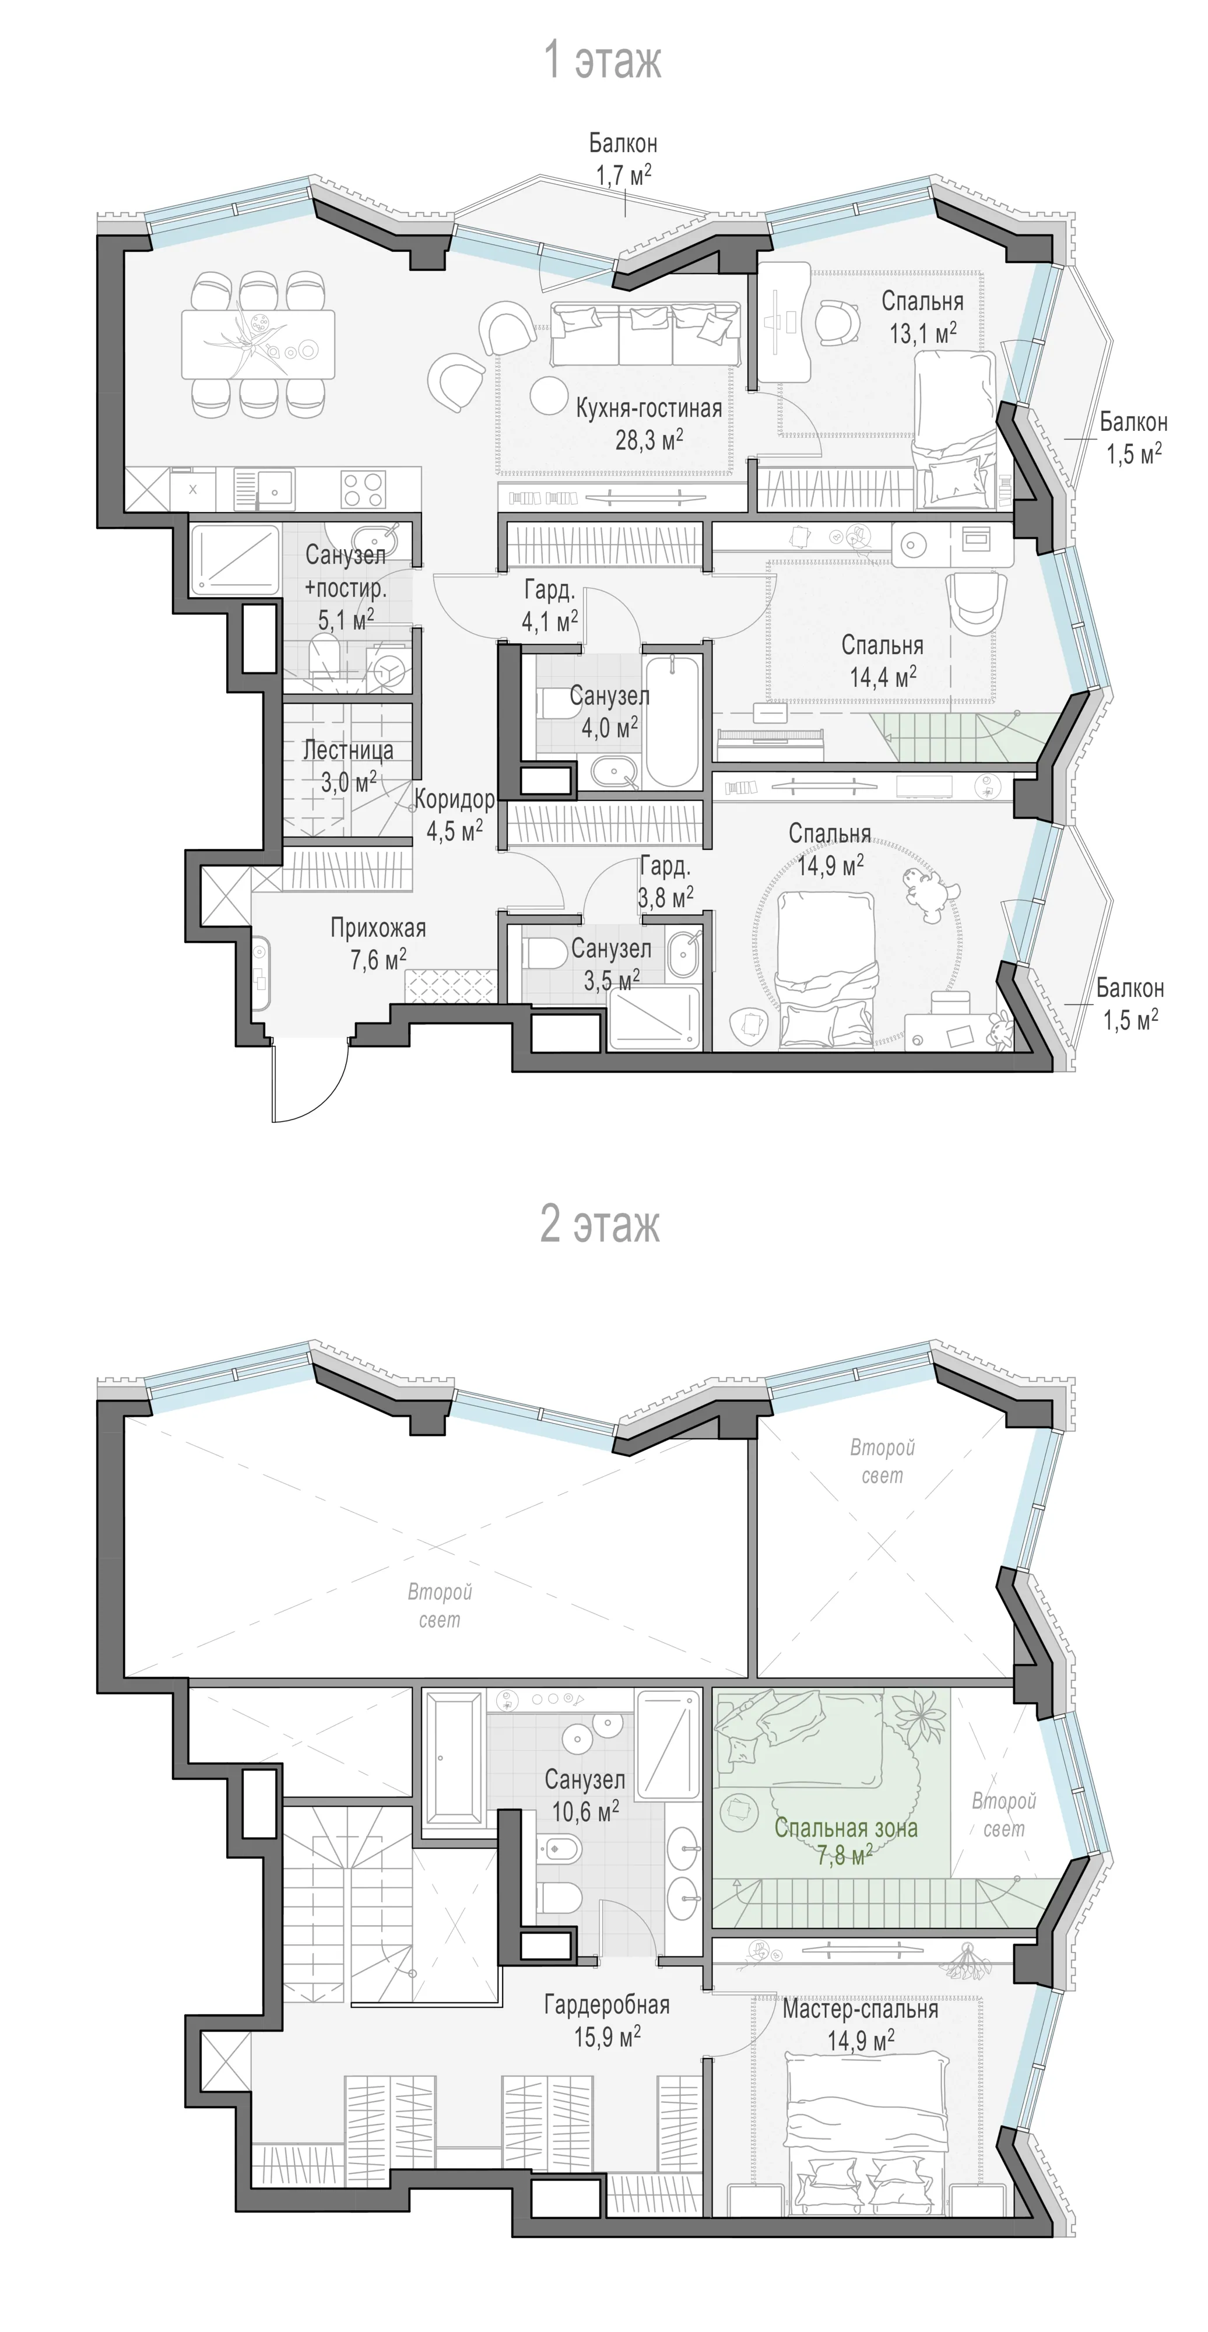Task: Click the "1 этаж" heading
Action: coord(602,61)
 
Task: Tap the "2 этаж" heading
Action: coord(601,1224)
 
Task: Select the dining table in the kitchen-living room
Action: coord(258,344)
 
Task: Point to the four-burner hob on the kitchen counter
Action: coord(364,490)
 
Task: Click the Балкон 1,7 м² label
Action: coord(623,159)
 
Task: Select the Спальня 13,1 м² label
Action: coord(923,317)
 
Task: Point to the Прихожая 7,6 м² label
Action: coord(378,943)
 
